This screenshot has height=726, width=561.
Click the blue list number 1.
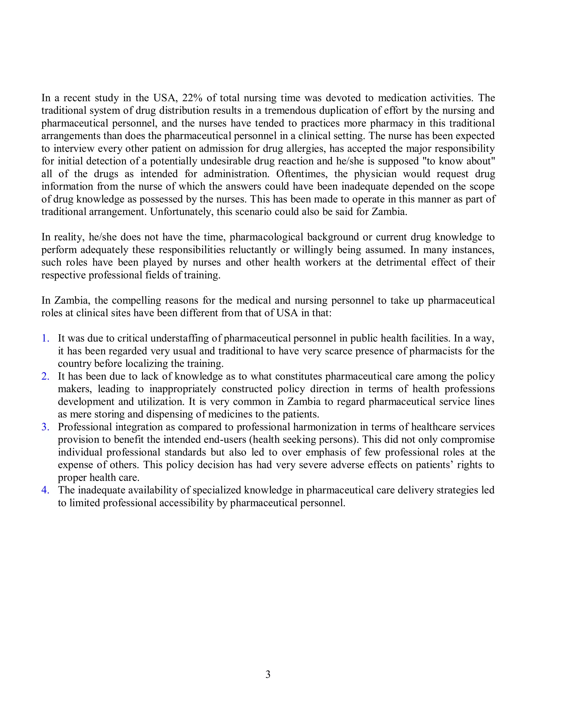click(x=45, y=338)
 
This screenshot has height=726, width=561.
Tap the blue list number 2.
click(x=45, y=376)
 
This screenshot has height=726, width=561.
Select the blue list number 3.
click(x=45, y=427)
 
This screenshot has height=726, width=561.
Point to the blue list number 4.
click(x=45, y=490)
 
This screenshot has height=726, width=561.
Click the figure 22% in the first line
click(x=192, y=98)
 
